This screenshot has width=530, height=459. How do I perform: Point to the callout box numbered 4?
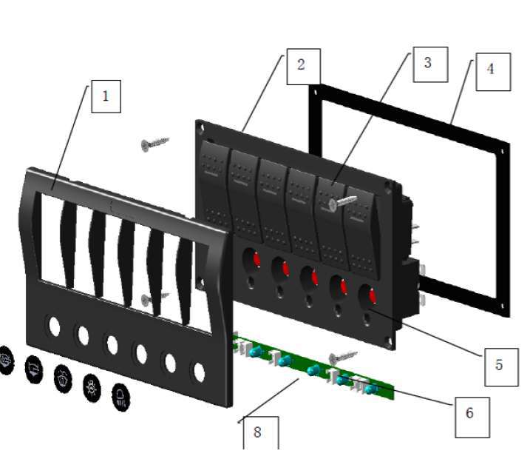click(x=492, y=71)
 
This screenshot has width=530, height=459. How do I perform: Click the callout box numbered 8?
click(x=258, y=432)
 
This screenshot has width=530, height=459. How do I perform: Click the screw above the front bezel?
click(x=154, y=143)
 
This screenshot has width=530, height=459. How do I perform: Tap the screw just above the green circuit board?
click(x=342, y=358)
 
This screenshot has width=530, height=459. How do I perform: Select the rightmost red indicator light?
click(x=370, y=297)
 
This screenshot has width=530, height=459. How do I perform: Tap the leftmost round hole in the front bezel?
click(x=54, y=325)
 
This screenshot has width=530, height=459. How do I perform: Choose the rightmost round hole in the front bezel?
click(x=198, y=370)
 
